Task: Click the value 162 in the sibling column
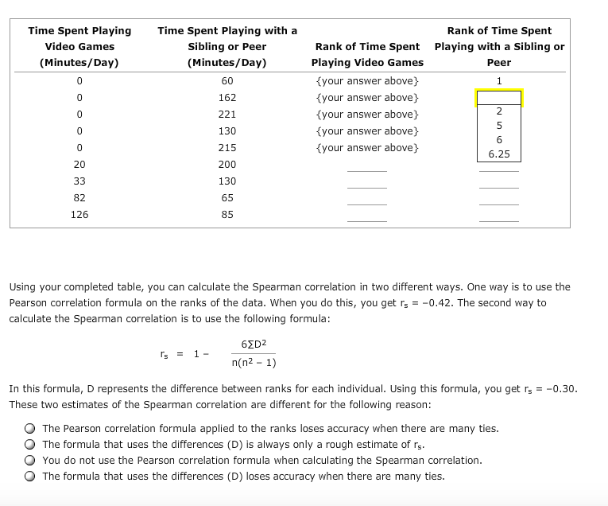click(227, 98)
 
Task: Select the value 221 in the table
click(227, 115)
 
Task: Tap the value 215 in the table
click(227, 148)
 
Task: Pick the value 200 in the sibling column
click(227, 165)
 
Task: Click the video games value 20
click(79, 165)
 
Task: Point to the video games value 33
click(79, 181)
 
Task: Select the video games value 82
click(79, 198)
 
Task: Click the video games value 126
click(79, 215)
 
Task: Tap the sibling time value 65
click(227, 198)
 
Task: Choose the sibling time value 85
click(227, 215)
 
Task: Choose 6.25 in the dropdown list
click(499, 154)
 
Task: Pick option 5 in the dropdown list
click(499, 126)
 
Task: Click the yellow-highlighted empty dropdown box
click(499, 98)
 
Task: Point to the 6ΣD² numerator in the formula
click(254, 344)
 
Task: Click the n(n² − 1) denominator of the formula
click(254, 363)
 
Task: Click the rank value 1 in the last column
click(499, 81)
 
